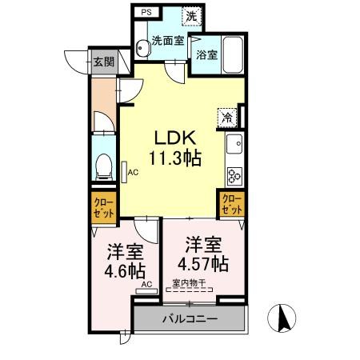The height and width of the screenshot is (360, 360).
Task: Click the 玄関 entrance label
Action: point(102,62)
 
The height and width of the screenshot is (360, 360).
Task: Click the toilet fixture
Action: point(102,166)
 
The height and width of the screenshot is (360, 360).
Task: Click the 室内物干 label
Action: point(189,282)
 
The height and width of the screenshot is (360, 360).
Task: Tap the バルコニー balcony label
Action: point(190,318)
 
